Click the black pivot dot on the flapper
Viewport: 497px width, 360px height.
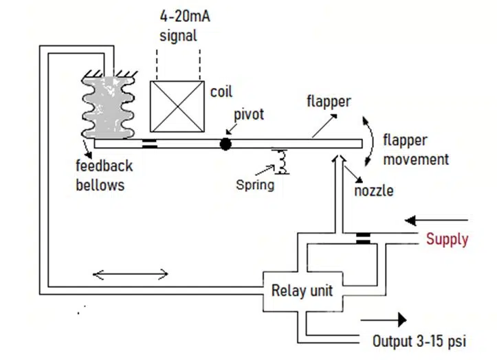coord(225,144)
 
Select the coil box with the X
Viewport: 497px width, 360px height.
coord(177,106)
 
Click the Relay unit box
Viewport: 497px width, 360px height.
coord(302,291)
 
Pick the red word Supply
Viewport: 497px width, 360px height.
coord(447,240)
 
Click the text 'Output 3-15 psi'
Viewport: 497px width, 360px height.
coord(419,341)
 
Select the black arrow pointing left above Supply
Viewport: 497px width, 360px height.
coord(437,221)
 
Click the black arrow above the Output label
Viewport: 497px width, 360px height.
coord(383,319)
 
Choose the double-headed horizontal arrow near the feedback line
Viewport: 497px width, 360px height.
coord(131,275)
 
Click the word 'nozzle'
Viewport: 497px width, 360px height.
coord(374,190)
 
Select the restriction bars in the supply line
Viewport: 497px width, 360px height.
coord(362,238)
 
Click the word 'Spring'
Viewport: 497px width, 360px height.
coord(255,184)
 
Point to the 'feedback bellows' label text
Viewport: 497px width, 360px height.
coord(104,176)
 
